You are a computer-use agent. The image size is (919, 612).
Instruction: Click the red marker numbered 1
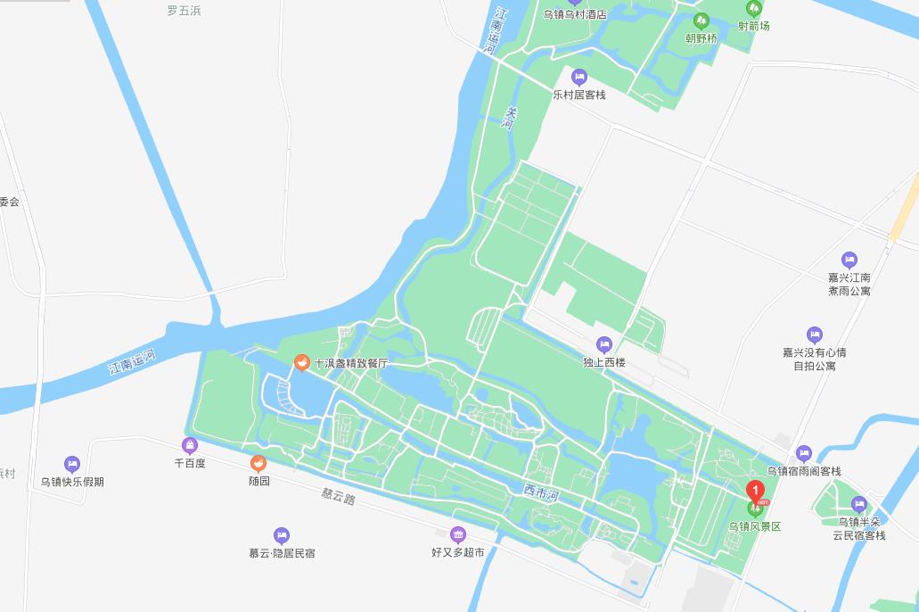(755, 490)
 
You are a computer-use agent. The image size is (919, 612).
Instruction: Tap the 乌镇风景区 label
(755, 527)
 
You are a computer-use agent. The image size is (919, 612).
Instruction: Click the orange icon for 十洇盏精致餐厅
(302, 363)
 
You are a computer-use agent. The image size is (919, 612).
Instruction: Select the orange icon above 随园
(258, 463)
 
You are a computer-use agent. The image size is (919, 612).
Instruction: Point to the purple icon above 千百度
(189, 446)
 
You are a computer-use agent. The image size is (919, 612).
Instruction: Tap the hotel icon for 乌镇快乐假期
(72, 464)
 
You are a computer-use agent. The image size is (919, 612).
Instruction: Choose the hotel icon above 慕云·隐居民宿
(282, 535)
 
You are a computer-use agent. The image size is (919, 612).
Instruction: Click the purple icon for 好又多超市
(458, 535)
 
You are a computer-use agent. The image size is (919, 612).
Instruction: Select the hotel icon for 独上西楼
(604, 344)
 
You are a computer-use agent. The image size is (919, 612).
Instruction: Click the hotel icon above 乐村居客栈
(579, 77)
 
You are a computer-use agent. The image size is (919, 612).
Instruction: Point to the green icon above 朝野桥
(701, 21)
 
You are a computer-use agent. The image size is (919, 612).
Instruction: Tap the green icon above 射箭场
(754, 9)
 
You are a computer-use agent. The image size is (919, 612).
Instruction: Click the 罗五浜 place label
(185, 11)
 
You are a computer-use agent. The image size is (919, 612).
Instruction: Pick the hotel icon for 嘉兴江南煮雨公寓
(849, 260)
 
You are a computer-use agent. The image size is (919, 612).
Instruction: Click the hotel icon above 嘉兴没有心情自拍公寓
(814, 335)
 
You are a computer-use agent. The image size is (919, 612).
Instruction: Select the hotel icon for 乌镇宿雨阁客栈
(804, 453)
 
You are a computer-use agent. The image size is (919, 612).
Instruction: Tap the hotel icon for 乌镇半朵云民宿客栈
(859, 504)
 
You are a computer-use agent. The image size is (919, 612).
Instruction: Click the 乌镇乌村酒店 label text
(575, 14)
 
